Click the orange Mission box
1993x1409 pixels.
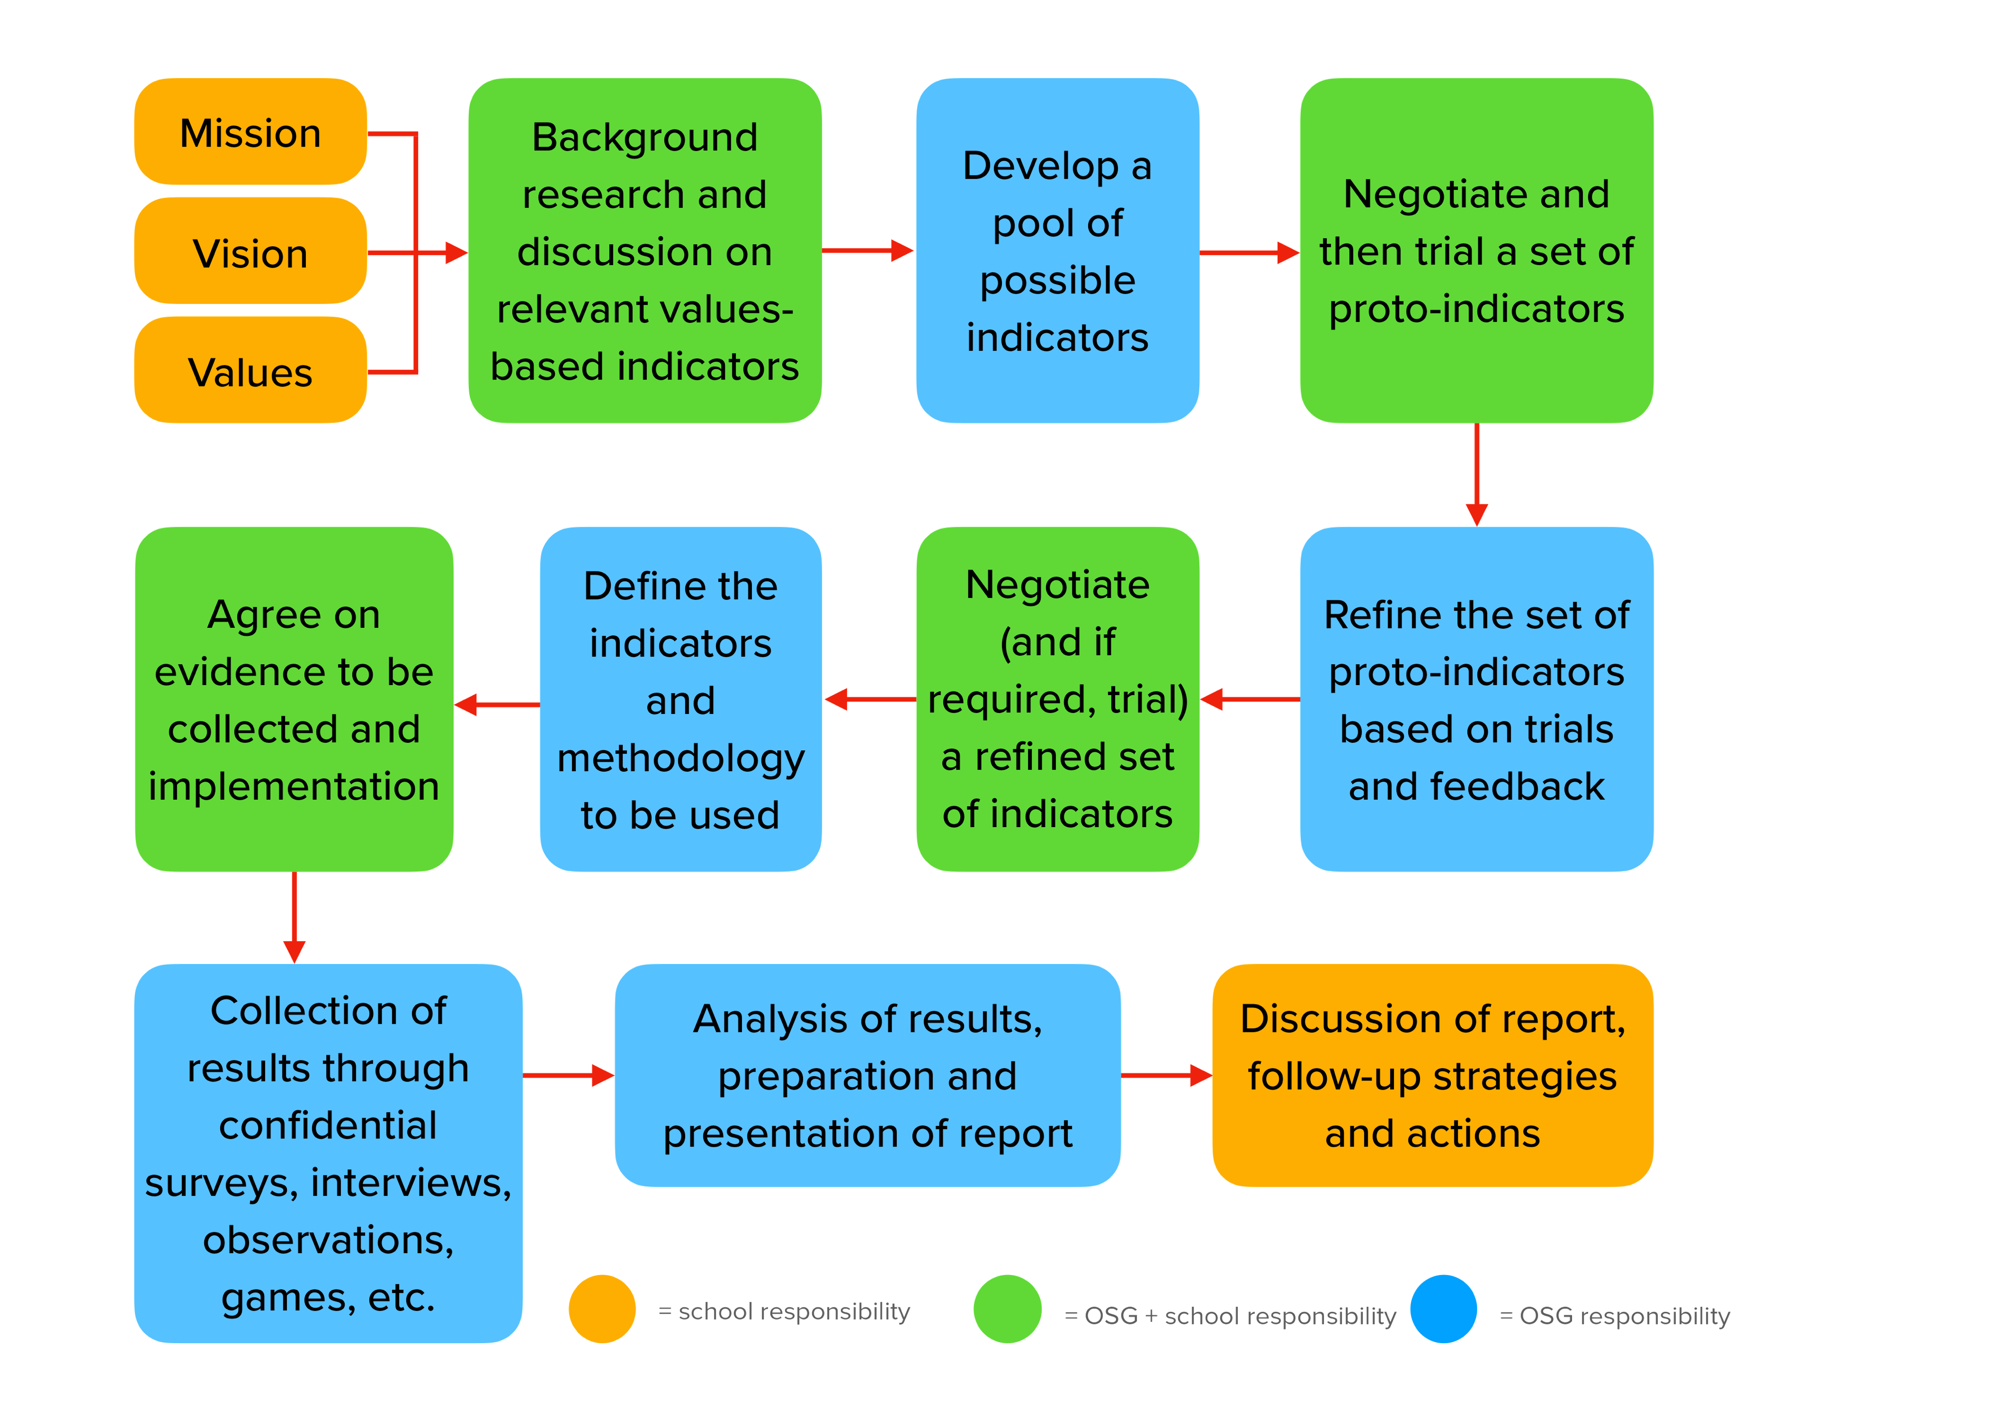250,132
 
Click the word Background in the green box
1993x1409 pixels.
644,137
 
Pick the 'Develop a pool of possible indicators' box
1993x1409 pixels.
1057,250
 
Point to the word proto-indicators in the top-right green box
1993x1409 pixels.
1476,309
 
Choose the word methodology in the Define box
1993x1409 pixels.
681,758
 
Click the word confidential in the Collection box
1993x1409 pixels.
328,1125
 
